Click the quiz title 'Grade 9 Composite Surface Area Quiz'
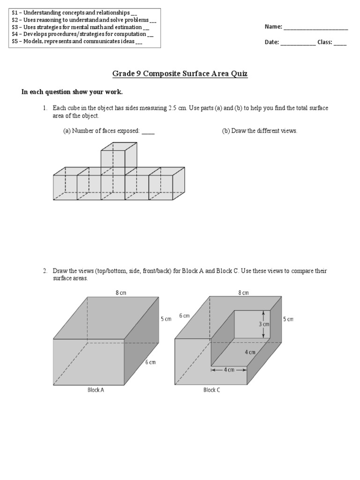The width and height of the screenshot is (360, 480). [180, 74]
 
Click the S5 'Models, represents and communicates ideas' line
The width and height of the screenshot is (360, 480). [77, 41]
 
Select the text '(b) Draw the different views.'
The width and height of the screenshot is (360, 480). [259, 131]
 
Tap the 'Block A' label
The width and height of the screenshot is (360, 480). [96, 390]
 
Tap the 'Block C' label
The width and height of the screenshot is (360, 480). [211, 390]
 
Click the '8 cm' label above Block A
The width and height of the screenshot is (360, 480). [120, 292]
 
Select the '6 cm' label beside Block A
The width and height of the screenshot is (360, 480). [150, 362]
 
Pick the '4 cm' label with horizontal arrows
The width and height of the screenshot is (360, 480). [229, 369]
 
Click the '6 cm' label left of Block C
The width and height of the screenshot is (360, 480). [184, 316]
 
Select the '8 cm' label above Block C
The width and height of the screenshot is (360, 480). [243, 292]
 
